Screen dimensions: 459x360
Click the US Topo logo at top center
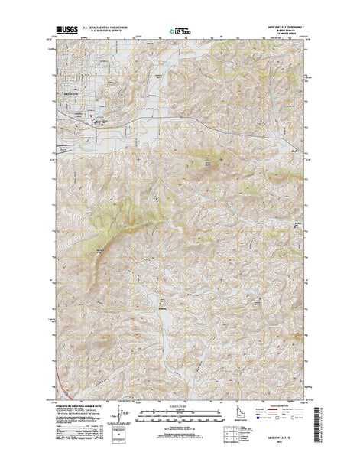coord(180,31)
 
